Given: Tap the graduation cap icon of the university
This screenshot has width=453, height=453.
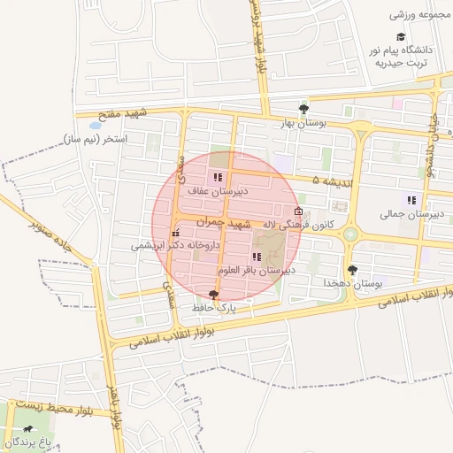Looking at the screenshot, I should [401, 36].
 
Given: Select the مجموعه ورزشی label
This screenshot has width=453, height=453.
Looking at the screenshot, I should [412, 15].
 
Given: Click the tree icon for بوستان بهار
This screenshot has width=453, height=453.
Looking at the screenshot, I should [304, 109].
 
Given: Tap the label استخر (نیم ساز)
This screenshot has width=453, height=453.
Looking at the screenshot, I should [96, 139].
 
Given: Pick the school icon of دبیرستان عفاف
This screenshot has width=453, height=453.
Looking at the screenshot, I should [218, 177].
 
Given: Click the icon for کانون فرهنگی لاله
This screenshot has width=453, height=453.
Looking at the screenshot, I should [298, 211].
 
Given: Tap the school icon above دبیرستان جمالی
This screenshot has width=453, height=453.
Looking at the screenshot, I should [411, 200].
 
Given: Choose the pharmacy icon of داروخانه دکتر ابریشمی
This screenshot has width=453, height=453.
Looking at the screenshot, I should [175, 233].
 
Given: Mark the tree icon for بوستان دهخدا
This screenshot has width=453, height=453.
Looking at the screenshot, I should [353, 270].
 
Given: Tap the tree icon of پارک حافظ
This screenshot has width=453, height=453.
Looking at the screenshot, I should [213, 295].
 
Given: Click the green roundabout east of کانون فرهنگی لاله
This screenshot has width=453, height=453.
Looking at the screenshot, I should [350, 234].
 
